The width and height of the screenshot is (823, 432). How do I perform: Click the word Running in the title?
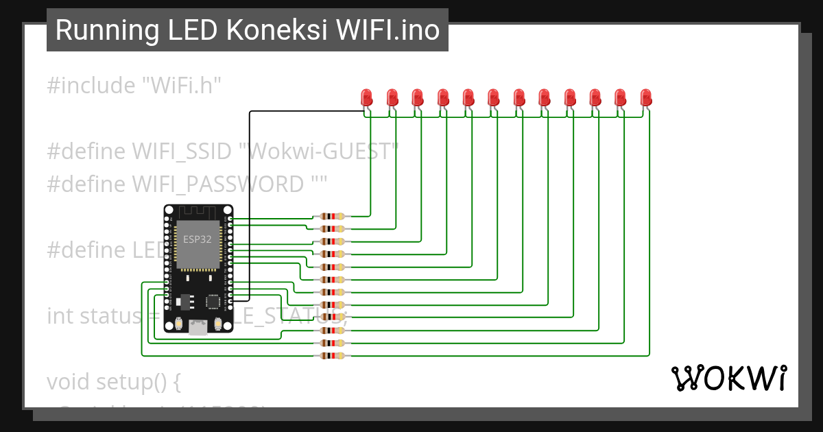[103, 30]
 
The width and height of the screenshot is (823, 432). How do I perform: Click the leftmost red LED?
[367, 97]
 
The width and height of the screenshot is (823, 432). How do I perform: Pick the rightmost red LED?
[645, 97]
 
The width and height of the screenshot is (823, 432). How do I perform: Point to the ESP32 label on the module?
[197, 239]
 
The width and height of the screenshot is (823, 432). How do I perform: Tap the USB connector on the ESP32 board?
[198, 328]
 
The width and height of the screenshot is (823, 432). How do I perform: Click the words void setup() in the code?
[113, 381]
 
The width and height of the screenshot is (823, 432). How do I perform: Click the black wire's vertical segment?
[250, 206]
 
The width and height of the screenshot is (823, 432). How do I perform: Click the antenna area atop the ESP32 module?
[198, 212]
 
